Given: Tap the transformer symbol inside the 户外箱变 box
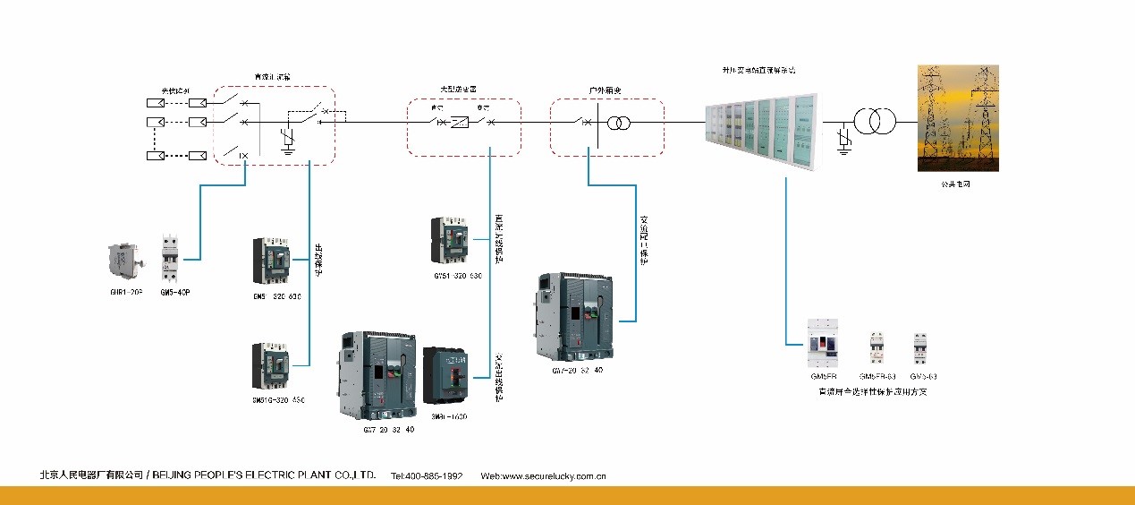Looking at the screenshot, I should (614, 121).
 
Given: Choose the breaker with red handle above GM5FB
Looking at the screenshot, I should (823, 343).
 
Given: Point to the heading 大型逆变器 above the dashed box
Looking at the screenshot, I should (457, 90).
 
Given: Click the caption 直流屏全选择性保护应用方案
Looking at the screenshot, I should (873, 392).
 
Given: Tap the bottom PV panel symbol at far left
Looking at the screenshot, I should (155, 156).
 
